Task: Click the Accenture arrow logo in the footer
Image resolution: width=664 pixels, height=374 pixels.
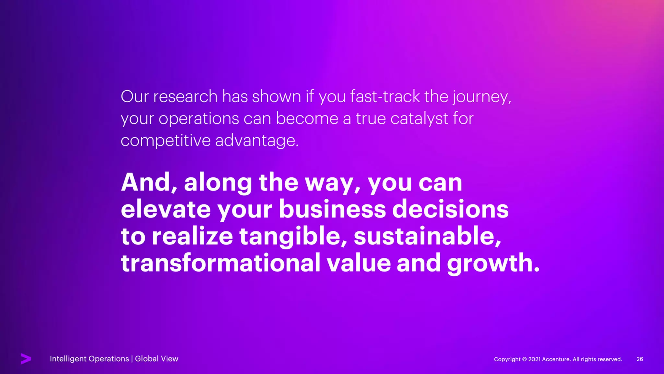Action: (x=26, y=358)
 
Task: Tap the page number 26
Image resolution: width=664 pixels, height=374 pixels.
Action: (x=640, y=359)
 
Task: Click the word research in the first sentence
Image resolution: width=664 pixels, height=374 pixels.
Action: (x=185, y=97)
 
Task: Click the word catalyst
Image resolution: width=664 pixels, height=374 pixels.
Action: (x=419, y=119)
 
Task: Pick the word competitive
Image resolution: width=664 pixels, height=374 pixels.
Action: (x=165, y=141)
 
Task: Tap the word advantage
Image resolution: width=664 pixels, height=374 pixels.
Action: (x=256, y=141)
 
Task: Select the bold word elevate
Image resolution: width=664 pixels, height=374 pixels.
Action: (x=166, y=209)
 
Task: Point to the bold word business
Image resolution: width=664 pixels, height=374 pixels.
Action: (x=332, y=209)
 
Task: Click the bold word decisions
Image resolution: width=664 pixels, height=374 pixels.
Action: (x=450, y=209)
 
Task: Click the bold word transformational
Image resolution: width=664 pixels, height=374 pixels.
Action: (x=220, y=263)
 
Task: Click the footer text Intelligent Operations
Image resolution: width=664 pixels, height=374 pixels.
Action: (x=89, y=359)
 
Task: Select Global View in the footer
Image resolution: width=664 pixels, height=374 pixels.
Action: (x=157, y=359)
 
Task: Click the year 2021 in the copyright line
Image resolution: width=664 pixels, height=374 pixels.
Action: (x=534, y=359)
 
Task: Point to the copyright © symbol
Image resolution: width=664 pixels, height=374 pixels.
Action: (x=524, y=359)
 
